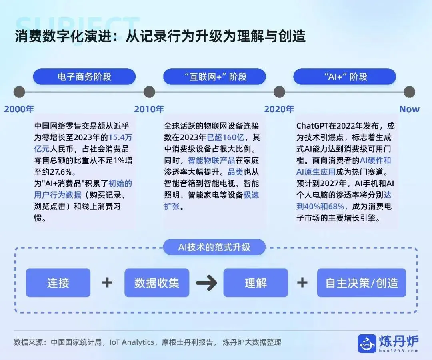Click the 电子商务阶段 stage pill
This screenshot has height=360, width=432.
click(x=84, y=77)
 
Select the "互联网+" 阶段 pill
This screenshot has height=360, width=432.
click(x=214, y=77)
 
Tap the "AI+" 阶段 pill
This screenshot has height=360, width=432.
click(x=345, y=77)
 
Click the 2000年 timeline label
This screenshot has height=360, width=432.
click(x=19, y=109)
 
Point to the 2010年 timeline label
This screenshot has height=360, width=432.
click(x=149, y=109)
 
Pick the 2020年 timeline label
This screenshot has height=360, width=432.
click(x=279, y=109)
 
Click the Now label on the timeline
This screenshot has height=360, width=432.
click(x=409, y=109)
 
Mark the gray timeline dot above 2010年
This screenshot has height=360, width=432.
click(x=149, y=92)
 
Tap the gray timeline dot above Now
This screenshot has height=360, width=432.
click(x=409, y=92)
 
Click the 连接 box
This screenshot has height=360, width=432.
click(x=58, y=283)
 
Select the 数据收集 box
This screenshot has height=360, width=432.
click(x=157, y=283)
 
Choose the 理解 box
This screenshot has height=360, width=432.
click(x=256, y=283)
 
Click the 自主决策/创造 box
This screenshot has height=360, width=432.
click(x=362, y=283)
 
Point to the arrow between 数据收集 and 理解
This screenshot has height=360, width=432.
click(x=206, y=283)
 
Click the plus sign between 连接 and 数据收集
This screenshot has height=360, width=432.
click(x=107, y=283)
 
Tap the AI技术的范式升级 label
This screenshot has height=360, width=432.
click(x=214, y=247)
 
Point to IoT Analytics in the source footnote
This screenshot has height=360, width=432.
click(x=132, y=342)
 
